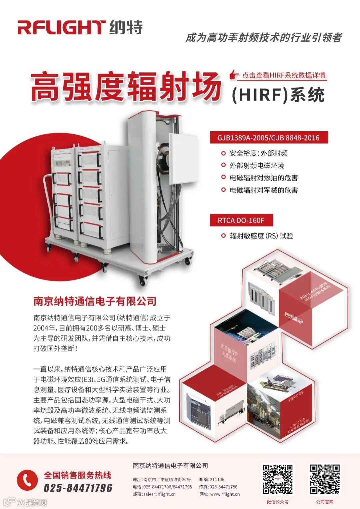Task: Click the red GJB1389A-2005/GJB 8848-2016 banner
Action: [269, 138]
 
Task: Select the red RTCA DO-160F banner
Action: [241, 220]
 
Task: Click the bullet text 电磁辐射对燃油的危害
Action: [263, 178]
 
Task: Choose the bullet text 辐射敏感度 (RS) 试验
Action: [261, 236]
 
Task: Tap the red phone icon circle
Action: [27, 480]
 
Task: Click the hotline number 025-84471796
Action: [78, 488]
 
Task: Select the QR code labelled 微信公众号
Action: [278, 479]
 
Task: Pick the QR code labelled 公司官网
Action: [325, 479]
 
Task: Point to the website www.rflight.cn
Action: [225, 494]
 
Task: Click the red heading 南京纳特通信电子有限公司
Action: [95, 301]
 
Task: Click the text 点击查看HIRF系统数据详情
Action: [283, 75]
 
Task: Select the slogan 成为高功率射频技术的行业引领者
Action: [263, 38]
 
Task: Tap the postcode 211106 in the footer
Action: [217, 480]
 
